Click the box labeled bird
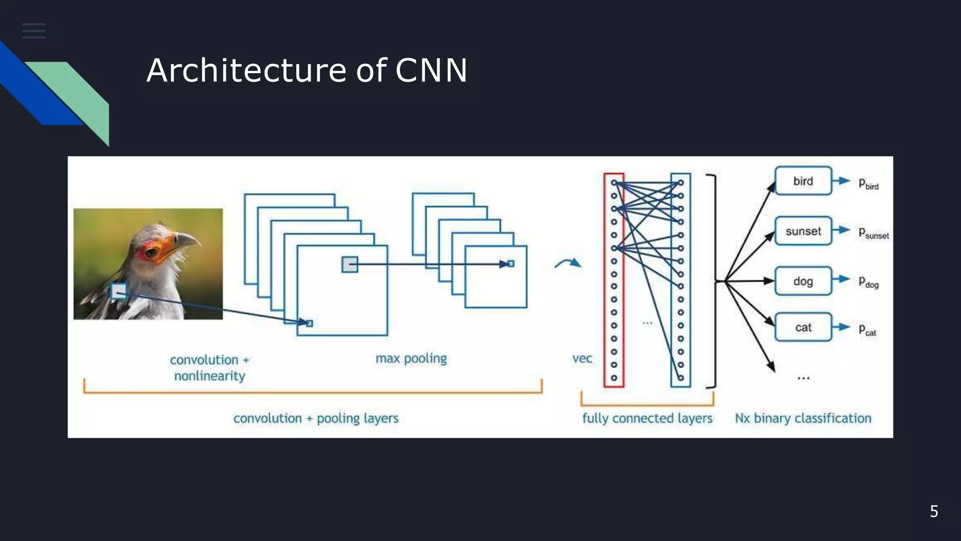pos(803,181)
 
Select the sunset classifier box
pos(803,231)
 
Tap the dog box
pos(803,281)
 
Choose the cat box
pos(803,327)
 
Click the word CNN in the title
pos(431,71)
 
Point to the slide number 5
pos(934,511)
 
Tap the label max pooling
pos(411,359)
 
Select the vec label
pos(582,359)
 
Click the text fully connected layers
pos(647,418)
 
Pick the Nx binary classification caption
pos(803,418)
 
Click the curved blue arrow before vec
pos(568,263)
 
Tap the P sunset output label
pos(873,233)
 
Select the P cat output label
pos(867,330)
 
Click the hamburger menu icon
pos(34,31)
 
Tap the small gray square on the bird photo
pos(119,291)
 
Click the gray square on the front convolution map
pos(350,264)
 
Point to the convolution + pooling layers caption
pos(315,418)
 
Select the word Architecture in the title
pos(246,71)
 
